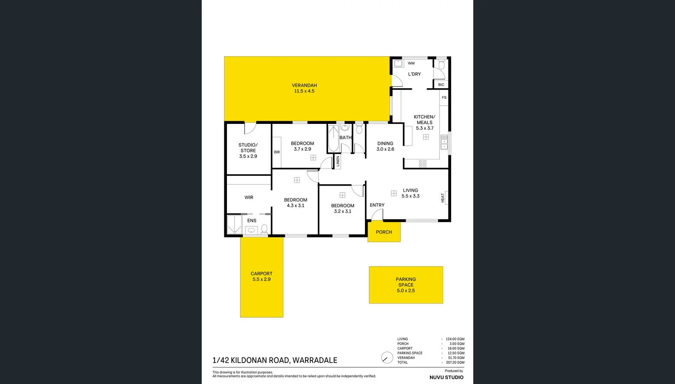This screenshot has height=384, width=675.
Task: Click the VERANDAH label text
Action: coord(304,85)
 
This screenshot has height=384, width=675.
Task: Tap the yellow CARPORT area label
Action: coord(261,273)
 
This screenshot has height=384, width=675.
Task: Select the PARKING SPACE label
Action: coord(406,282)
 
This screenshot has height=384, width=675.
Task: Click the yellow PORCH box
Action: coord(384,232)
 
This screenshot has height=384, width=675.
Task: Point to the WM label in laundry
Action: coord(411,63)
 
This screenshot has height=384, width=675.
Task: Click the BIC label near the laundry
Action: coord(441,85)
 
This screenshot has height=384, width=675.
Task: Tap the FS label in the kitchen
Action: coord(444,98)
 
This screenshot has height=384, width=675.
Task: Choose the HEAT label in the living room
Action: coord(442,198)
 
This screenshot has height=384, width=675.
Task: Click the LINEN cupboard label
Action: coord(338,161)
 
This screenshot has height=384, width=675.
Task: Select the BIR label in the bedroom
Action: coord(277,152)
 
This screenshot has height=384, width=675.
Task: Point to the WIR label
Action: coord(249,198)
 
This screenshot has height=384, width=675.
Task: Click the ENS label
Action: coord(252,221)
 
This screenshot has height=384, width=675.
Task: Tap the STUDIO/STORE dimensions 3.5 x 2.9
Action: coord(248,156)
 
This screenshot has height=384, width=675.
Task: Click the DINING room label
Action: coord(385,144)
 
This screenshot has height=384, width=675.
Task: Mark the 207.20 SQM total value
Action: coord(455,363)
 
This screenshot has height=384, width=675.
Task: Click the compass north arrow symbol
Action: coord(387,358)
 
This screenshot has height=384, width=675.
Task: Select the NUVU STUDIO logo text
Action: coord(446,378)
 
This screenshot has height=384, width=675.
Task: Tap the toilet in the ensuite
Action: coord(264,229)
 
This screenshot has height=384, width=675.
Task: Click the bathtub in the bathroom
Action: coord(333,138)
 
